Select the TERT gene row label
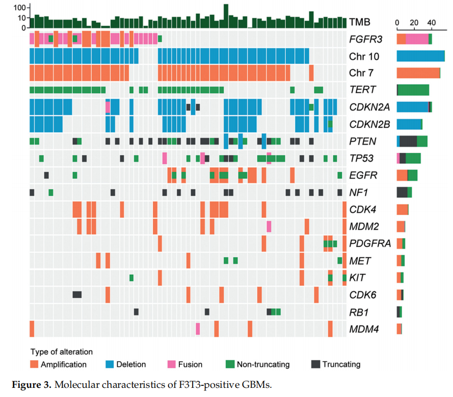click(362, 90)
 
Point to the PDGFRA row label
click(370, 243)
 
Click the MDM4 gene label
click(364, 329)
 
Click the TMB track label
click(360, 22)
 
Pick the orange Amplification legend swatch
click(34, 364)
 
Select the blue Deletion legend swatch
click(110, 364)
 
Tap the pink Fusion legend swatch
click(171, 364)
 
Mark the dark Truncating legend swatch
click(315, 364)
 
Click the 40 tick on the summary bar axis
click(431, 22)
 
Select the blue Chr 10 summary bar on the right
click(420, 56)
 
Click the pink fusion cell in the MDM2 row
click(269, 226)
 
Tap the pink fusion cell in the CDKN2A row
click(108, 107)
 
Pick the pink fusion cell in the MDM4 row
click(198, 329)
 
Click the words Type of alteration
click(61, 352)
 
